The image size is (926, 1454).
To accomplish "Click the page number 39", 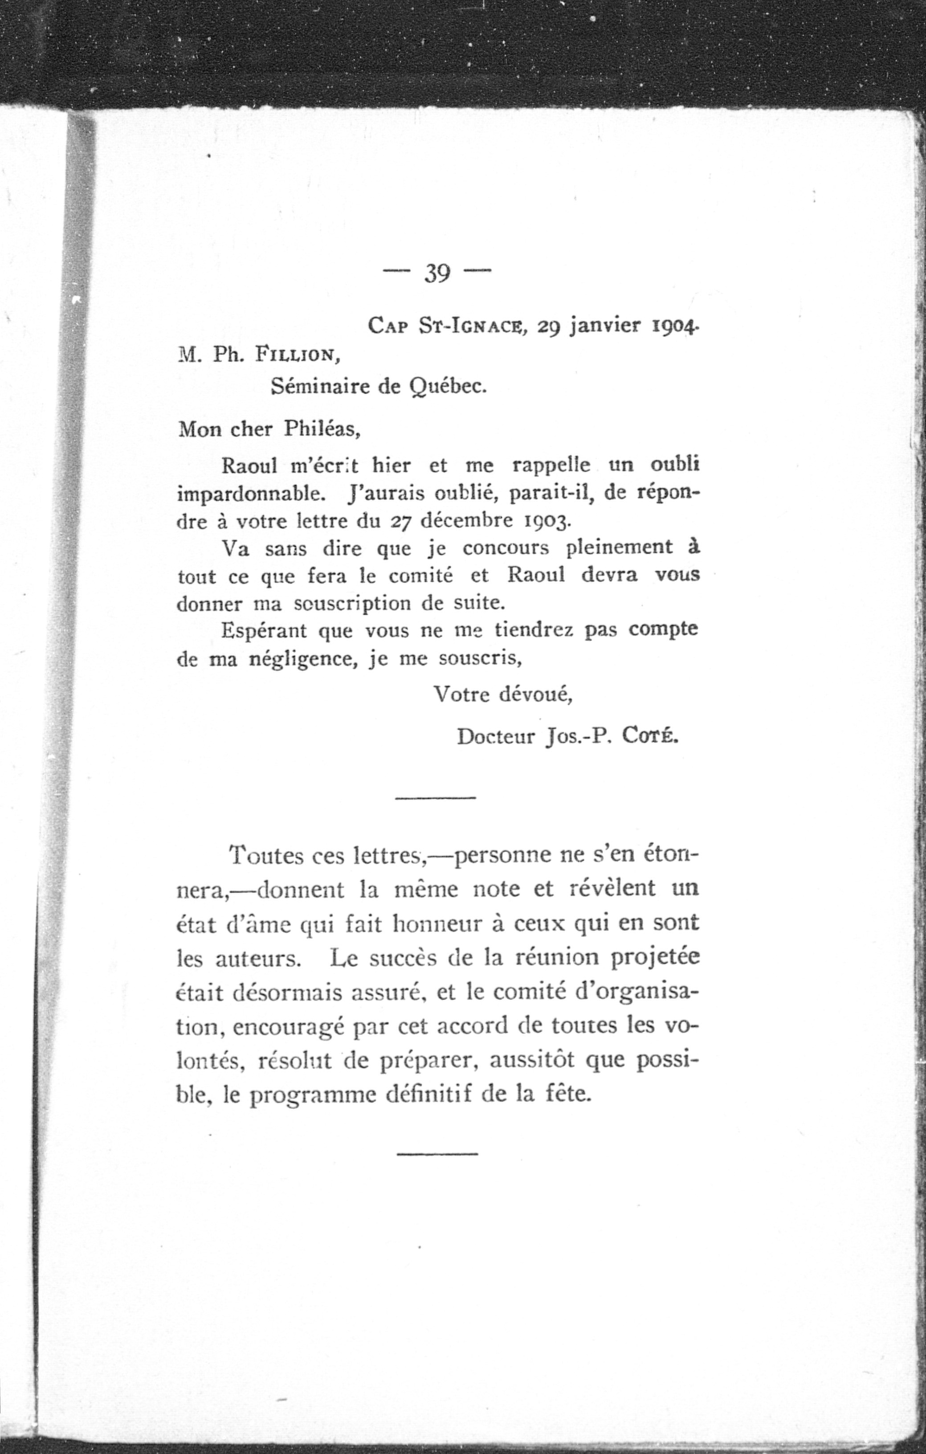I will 437,274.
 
